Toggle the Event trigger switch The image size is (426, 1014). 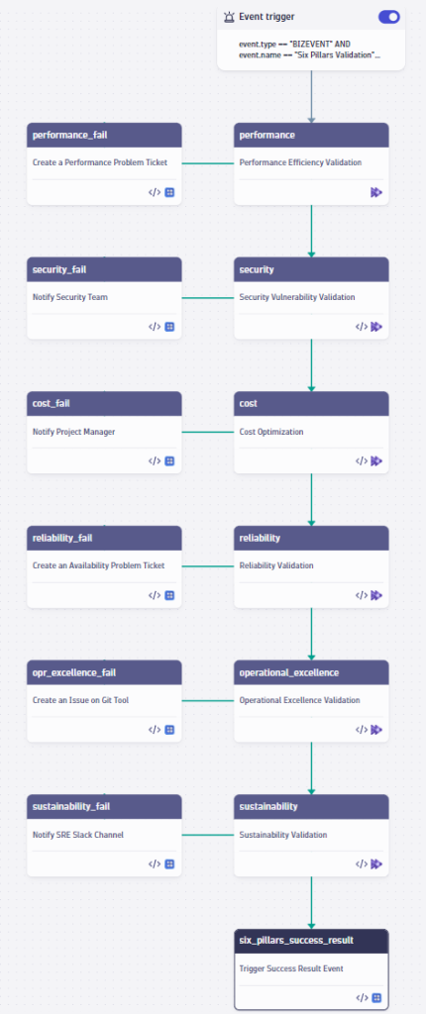(x=388, y=17)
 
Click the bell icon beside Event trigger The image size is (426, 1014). (x=230, y=17)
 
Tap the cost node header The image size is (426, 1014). (x=311, y=403)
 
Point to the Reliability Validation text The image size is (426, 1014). (x=276, y=565)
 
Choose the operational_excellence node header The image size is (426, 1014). (x=311, y=672)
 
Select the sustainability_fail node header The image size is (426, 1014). (x=104, y=806)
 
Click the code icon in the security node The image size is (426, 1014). (x=362, y=326)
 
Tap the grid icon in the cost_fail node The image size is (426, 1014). (x=169, y=460)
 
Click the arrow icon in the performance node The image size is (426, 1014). (x=376, y=192)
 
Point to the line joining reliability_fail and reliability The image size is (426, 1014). (x=208, y=566)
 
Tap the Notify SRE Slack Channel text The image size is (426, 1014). (x=78, y=834)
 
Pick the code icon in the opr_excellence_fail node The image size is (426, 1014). (x=155, y=729)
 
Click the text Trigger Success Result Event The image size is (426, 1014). (x=291, y=968)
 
